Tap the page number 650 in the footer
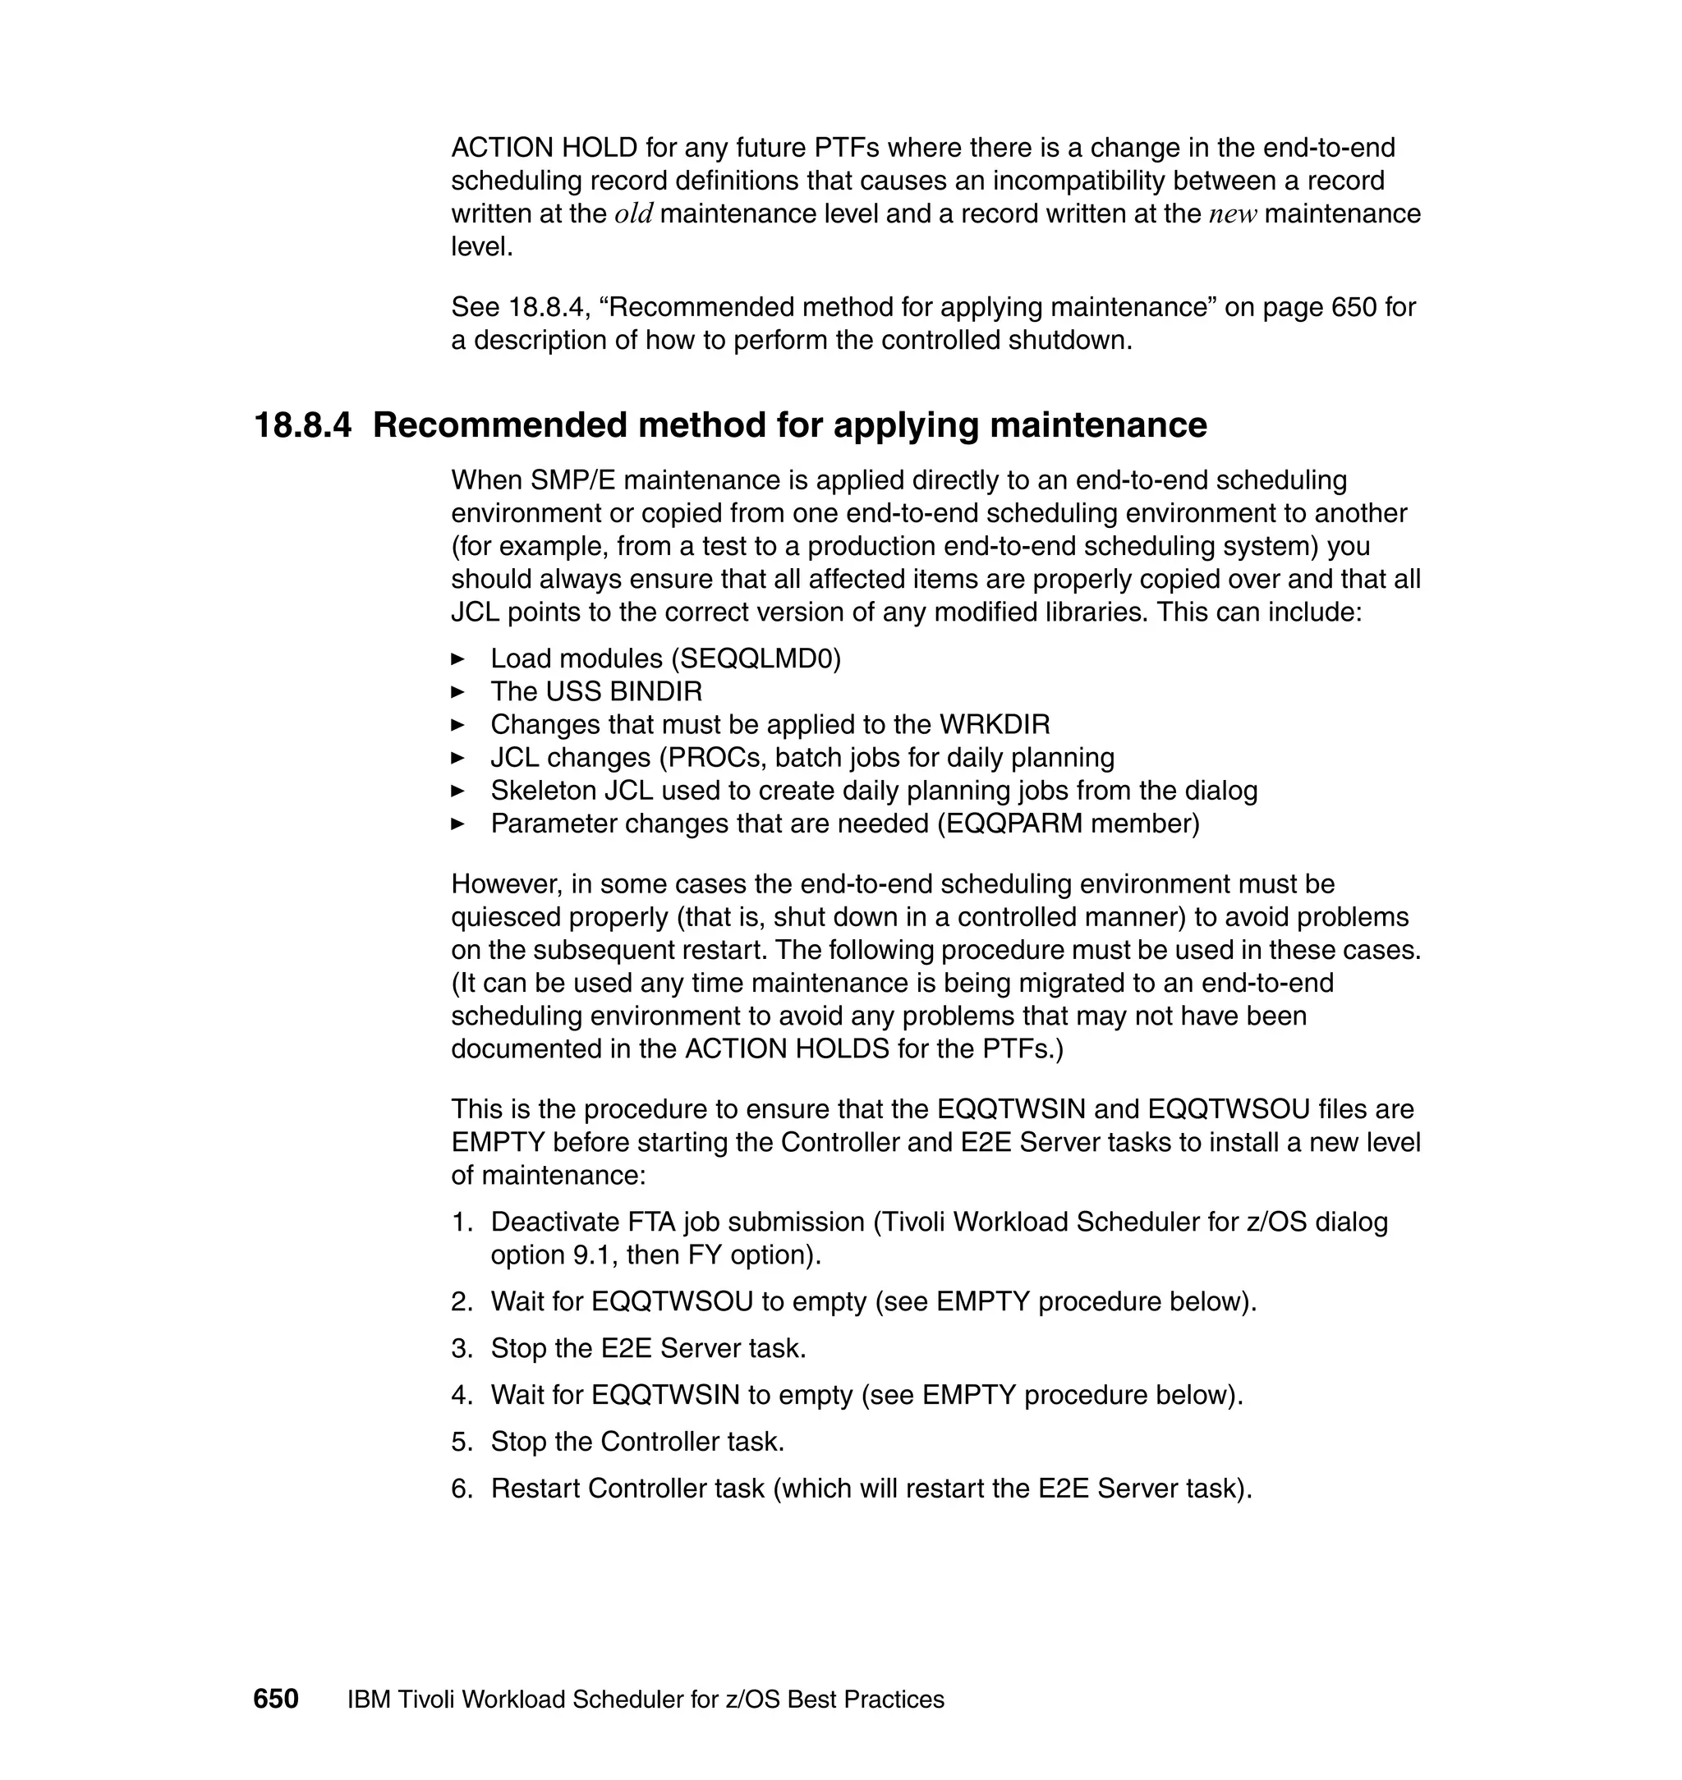click(275, 1700)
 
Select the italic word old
click(633, 214)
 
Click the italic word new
click(1233, 214)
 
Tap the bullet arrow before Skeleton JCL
click(458, 791)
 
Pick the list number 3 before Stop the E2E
click(461, 1349)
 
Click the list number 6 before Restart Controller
click(461, 1489)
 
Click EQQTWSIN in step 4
click(665, 1396)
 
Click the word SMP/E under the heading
click(572, 480)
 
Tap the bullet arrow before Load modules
click(458, 658)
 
